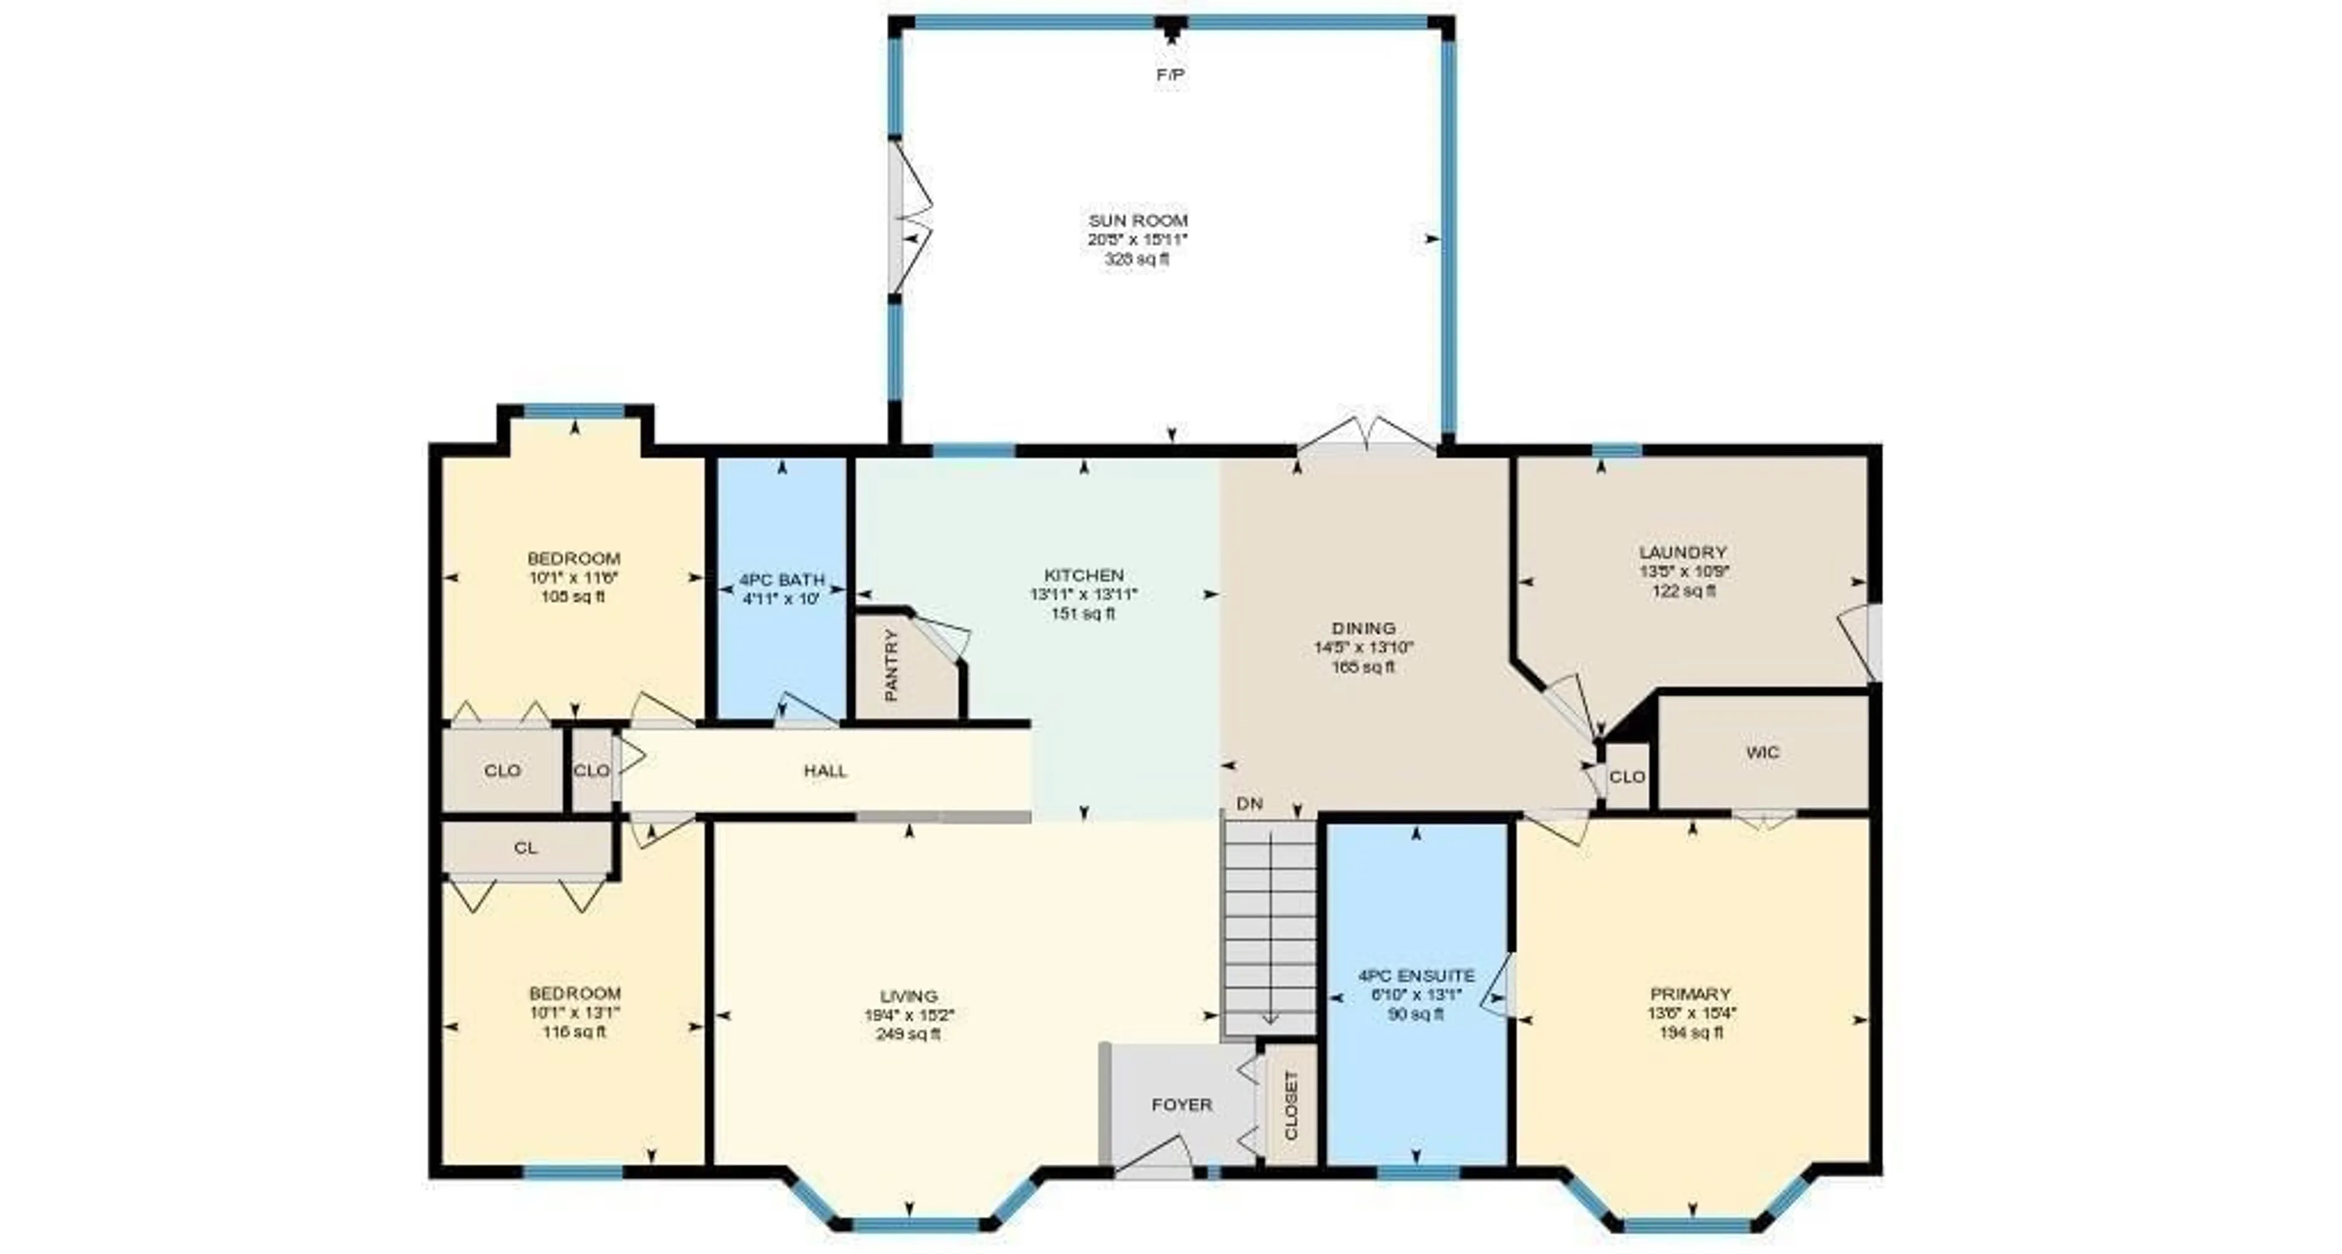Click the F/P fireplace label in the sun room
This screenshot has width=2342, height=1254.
[x=1170, y=74]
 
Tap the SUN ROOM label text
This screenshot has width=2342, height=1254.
[x=1137, y=220]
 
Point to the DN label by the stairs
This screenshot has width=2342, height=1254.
[x=1250, y=804]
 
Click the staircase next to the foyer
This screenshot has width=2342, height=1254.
[x=1269, y=928]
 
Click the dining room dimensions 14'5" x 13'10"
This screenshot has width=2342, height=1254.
[x=1363, y=647]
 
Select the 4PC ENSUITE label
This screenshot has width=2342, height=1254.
[x=1416, y=976]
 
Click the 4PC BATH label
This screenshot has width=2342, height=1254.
[x=782, y=579]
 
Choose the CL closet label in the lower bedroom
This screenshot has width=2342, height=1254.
[x=526, y=848]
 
